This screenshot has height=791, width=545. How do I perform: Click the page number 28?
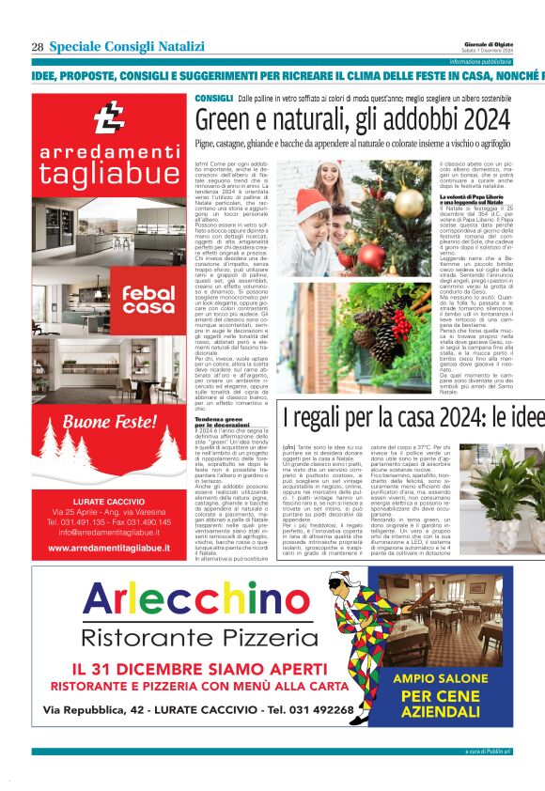point(38,47)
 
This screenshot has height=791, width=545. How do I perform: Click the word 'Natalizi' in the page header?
point(183,47)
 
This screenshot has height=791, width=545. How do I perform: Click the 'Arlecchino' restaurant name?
point(182,598)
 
